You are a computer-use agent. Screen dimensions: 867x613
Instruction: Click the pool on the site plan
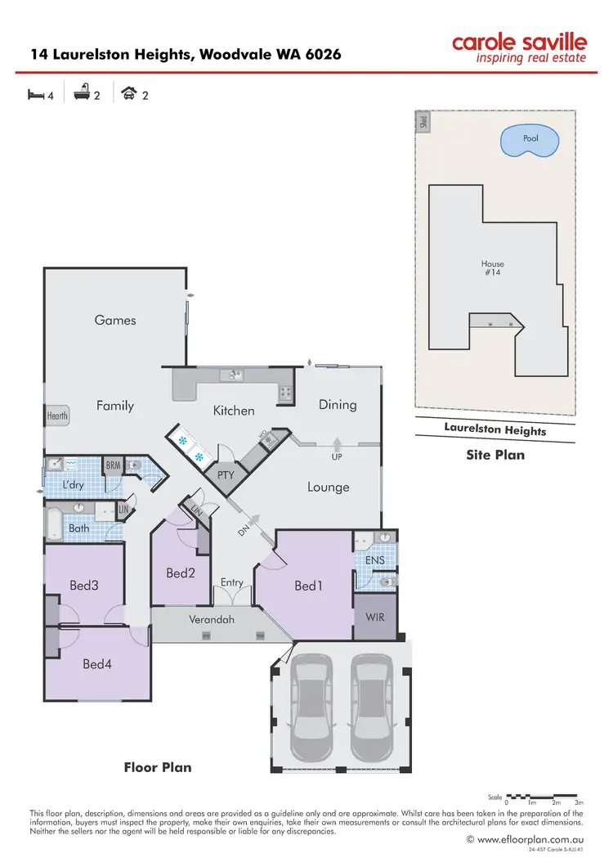530,140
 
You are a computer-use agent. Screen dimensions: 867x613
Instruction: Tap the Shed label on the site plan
423,123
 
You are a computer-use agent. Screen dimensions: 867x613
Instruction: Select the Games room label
115,320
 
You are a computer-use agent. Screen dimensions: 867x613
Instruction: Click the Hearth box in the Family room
57,416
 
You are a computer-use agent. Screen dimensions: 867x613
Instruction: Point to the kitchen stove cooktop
285,393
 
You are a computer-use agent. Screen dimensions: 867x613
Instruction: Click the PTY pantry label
226,474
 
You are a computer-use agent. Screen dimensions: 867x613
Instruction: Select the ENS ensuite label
374,560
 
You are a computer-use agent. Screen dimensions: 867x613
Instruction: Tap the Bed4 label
96,664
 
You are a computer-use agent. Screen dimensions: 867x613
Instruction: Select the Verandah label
212,619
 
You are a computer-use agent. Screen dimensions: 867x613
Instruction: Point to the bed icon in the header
36,95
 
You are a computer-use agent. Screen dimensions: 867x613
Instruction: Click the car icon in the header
128,95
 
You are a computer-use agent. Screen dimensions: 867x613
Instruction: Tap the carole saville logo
520,48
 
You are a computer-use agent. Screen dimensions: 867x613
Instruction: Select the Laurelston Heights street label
495,429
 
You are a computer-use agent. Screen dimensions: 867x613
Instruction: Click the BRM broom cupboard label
114,465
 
